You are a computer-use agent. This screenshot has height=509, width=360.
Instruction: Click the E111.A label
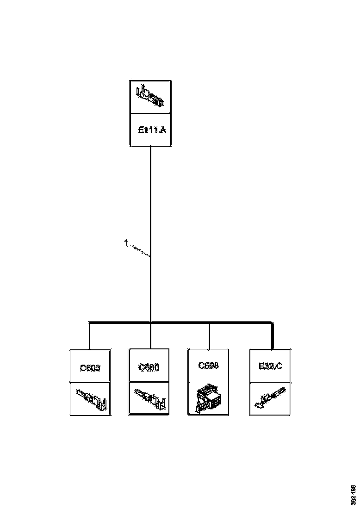point(151,130)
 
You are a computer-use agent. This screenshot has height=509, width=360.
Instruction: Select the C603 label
point(90,368)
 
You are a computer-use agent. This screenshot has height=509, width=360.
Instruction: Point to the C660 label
point(149,368)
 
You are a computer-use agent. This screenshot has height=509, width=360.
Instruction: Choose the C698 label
point(208,366)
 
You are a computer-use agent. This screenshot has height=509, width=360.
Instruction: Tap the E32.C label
point(270,367)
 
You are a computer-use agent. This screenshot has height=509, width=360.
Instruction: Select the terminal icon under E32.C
point(270,399)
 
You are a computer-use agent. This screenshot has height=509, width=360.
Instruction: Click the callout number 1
point(126,242)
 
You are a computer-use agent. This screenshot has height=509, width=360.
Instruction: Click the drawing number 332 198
point(353,494)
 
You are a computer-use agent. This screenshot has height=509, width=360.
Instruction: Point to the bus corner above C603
point(90,323)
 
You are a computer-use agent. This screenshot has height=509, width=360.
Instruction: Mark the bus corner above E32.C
point(272,323)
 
